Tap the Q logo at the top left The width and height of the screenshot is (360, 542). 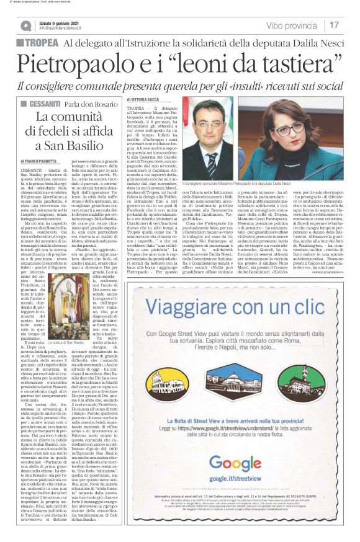coord(25,25)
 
